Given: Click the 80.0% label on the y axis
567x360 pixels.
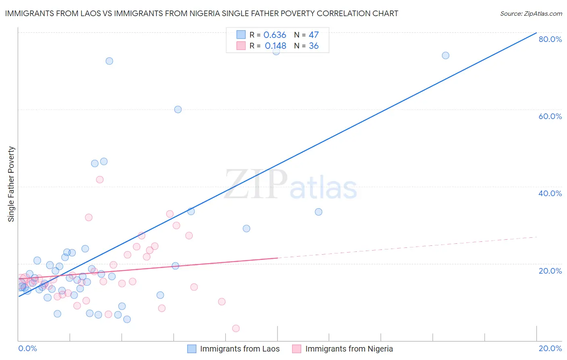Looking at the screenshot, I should [x=550, y=39].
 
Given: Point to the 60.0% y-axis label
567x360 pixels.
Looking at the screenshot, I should [x=550, y=116].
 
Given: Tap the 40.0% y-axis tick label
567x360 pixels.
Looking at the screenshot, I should [x=550, y=193].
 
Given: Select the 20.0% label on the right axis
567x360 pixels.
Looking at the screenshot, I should [x=550, y=271].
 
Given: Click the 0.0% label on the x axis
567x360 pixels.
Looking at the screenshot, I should [x=27, y=348].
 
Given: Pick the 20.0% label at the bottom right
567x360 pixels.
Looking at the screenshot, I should [x=550, y=348].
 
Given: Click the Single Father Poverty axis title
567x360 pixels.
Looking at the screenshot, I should [x=11, y=184].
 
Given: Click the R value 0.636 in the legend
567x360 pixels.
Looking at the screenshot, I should [x=275, y=35].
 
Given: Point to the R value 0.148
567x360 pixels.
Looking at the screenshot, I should [x=275, y=46].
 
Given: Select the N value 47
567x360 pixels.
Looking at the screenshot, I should [x=313, y=35].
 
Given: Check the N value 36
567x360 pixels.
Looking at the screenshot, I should [x=313, y=46].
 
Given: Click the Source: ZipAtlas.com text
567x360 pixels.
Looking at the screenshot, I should [x=531, y=14].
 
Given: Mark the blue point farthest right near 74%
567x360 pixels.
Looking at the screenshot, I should [x=445, y=55].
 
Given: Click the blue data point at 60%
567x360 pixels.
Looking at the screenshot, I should [x=178, y=109].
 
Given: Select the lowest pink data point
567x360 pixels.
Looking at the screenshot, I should [x=236, y=329].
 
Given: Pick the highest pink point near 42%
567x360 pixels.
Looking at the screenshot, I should [x=100, y=180].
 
